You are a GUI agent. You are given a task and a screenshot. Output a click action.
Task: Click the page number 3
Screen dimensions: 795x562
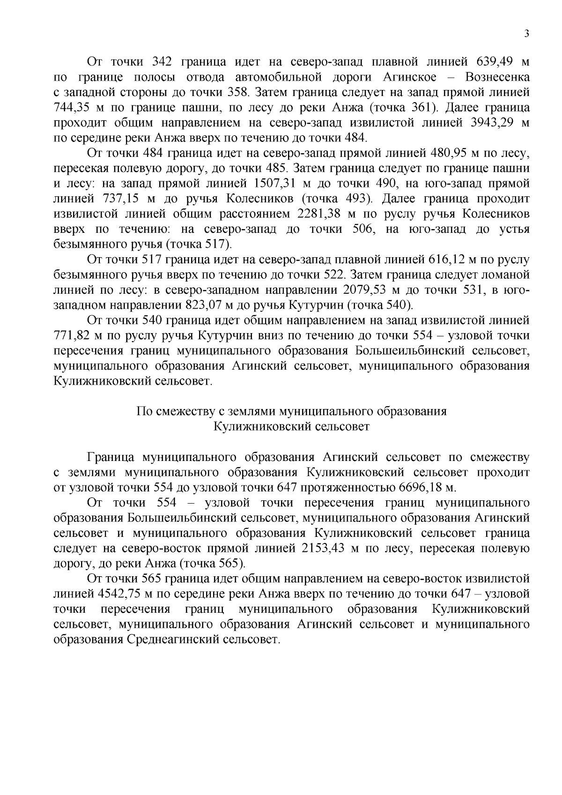[x=527, y=33]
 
